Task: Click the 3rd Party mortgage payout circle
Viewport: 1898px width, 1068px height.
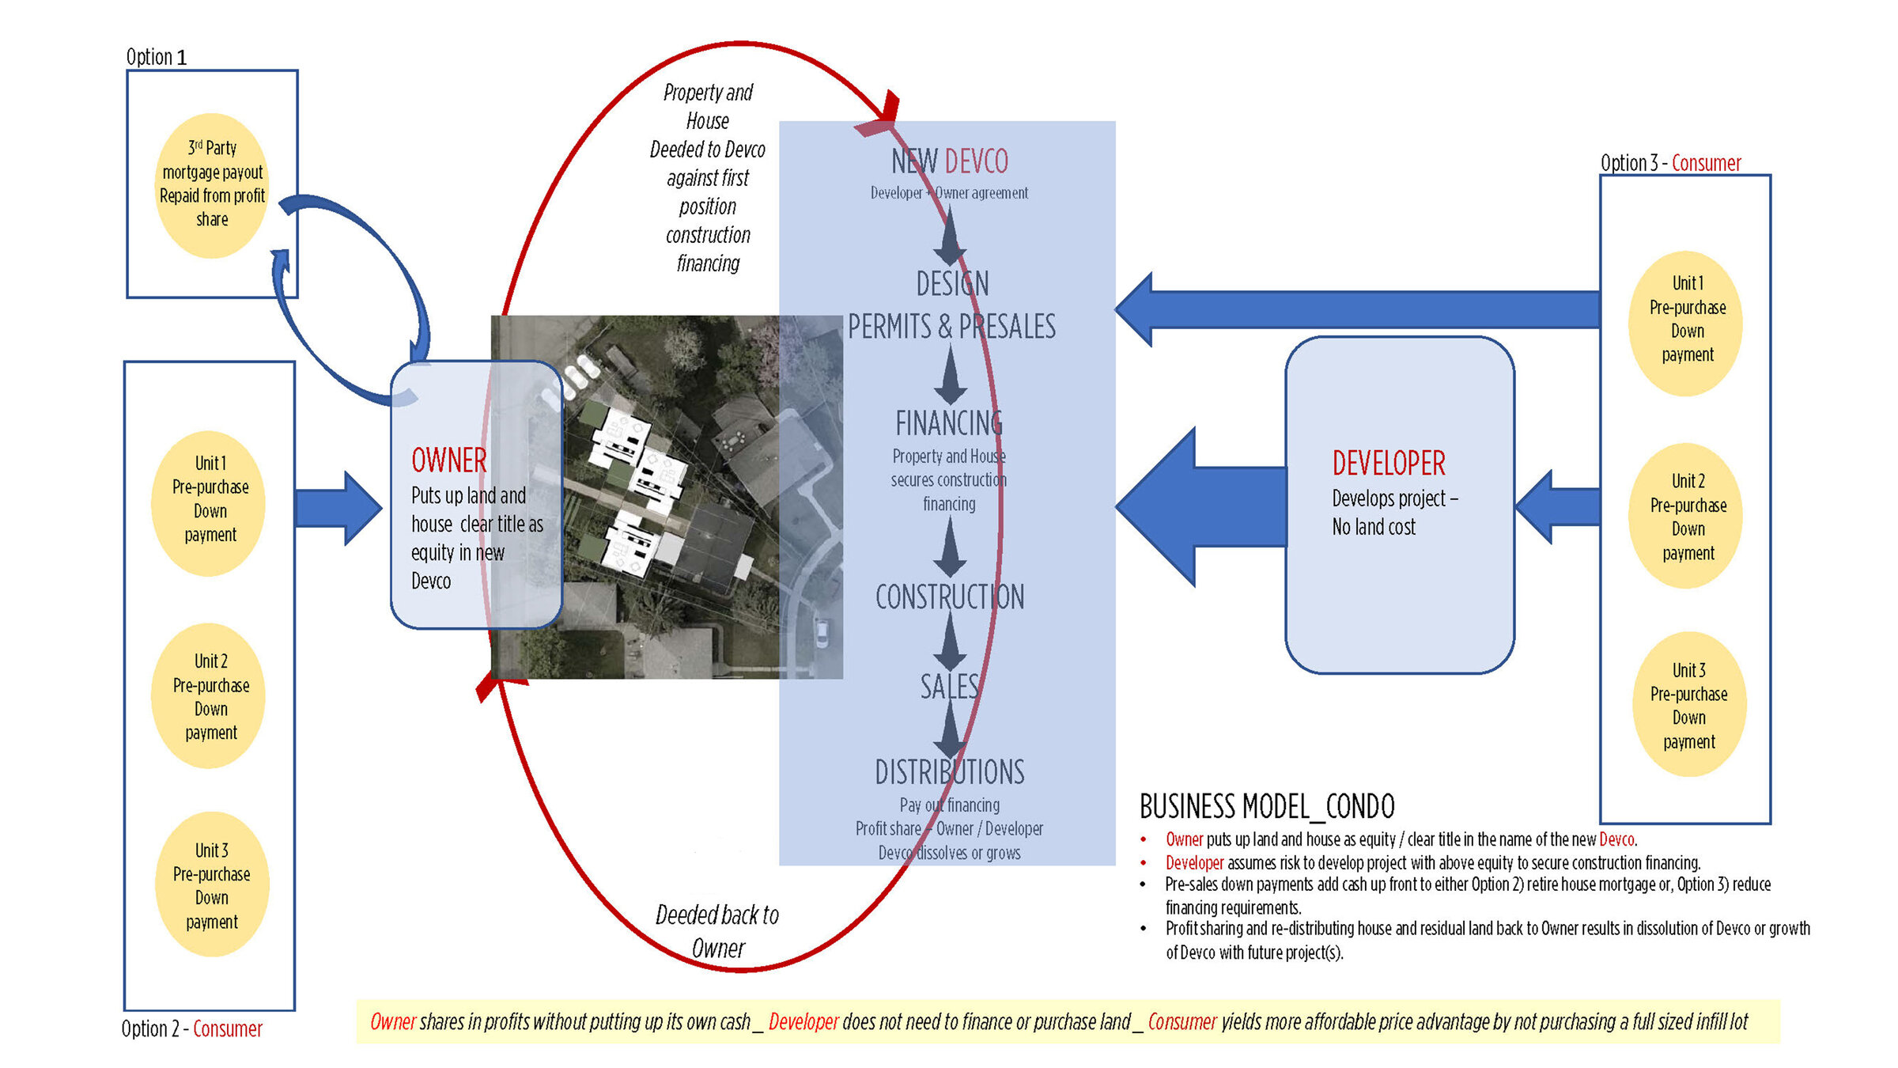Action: (212, 185)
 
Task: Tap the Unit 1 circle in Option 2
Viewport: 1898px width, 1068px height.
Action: (210, 501)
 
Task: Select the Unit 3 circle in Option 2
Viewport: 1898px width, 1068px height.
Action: (212, 884)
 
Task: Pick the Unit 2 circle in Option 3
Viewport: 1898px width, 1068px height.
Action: (1688, 517)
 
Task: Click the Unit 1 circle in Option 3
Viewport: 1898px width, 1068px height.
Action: (1687, 321)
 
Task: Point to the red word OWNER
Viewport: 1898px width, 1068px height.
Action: (448, 460)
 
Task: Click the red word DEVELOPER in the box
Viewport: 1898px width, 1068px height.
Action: (1388, 464)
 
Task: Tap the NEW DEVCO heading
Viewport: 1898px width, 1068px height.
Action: (949, 161)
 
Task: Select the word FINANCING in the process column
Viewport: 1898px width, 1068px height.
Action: (948, 423)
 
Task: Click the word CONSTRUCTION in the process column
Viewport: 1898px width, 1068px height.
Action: (949, 597)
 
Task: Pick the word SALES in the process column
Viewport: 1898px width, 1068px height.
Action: (949, 687)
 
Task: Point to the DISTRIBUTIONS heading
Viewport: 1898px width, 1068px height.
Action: (949, 772)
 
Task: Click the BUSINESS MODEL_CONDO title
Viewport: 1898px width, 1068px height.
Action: (1266, 807)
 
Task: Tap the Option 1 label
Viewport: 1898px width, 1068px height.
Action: (156, 57)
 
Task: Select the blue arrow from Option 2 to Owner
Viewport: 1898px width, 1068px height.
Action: (338, 508)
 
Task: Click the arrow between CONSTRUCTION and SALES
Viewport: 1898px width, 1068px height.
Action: (950, 641)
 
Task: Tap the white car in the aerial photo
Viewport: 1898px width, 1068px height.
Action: (822, 633)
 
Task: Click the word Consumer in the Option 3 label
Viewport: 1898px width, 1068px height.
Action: (1706, 163)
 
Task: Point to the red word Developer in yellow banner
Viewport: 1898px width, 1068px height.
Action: (803, 1022)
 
